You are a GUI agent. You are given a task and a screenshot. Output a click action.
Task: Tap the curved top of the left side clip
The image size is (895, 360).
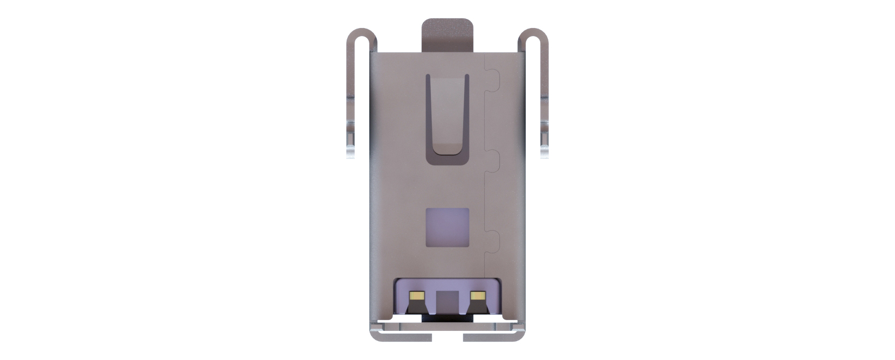click(x=361, y=33)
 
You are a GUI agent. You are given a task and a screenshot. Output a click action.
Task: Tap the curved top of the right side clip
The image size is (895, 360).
click(x=533, y=33)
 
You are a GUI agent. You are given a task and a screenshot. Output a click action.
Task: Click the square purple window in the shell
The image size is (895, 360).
click(x=447, y=227)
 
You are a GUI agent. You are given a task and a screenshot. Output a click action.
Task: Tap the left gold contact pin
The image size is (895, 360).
click(x=417, y=295)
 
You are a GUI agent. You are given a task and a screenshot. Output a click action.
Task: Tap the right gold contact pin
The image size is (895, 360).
click(x=477, y=295)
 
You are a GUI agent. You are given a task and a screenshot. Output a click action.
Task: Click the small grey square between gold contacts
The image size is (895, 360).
click(x=446, y=300)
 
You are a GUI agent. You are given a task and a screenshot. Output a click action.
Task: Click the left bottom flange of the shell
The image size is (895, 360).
click(x=402, y=337)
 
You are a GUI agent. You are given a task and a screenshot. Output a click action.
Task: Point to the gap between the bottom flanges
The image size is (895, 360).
click(x=448, y=337)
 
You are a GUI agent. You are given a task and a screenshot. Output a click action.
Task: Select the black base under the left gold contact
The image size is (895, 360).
click(x=417, y=307)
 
